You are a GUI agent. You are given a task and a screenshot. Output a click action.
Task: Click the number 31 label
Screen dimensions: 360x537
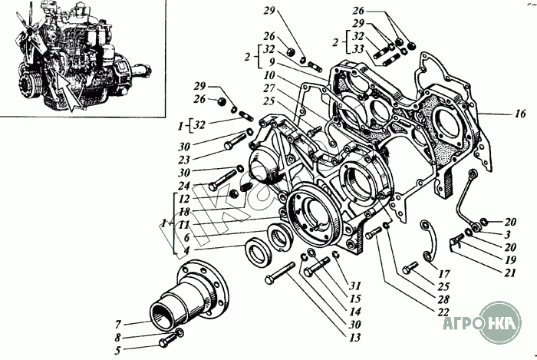tap(353, 287)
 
